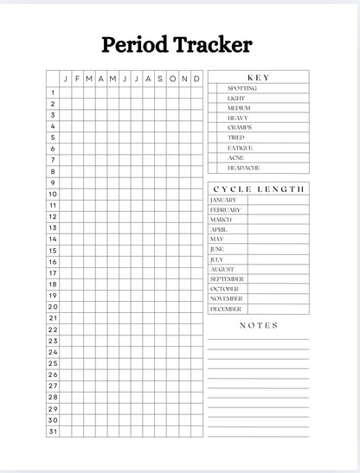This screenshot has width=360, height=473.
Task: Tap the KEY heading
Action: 259,78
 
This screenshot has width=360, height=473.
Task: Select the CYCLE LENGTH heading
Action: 259,189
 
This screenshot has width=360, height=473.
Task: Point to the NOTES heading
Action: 259,325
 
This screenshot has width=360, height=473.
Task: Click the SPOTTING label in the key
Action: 241,88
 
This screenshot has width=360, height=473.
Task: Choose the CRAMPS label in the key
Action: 240,128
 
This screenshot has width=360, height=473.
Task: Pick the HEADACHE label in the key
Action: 243,168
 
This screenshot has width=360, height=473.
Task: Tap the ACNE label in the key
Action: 236,158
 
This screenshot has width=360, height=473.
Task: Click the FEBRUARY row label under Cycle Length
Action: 225,209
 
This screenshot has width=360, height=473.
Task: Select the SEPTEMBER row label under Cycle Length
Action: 227,279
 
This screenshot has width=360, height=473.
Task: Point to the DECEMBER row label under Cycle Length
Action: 226,309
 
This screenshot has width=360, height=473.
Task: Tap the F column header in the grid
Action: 77,79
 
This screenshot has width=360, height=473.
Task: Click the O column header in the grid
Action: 172,79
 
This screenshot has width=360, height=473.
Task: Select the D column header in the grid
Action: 196,79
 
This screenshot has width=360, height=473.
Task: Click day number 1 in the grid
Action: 53,93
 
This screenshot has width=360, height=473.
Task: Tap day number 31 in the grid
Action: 53,430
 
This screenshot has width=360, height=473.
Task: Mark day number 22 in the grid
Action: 53,329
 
